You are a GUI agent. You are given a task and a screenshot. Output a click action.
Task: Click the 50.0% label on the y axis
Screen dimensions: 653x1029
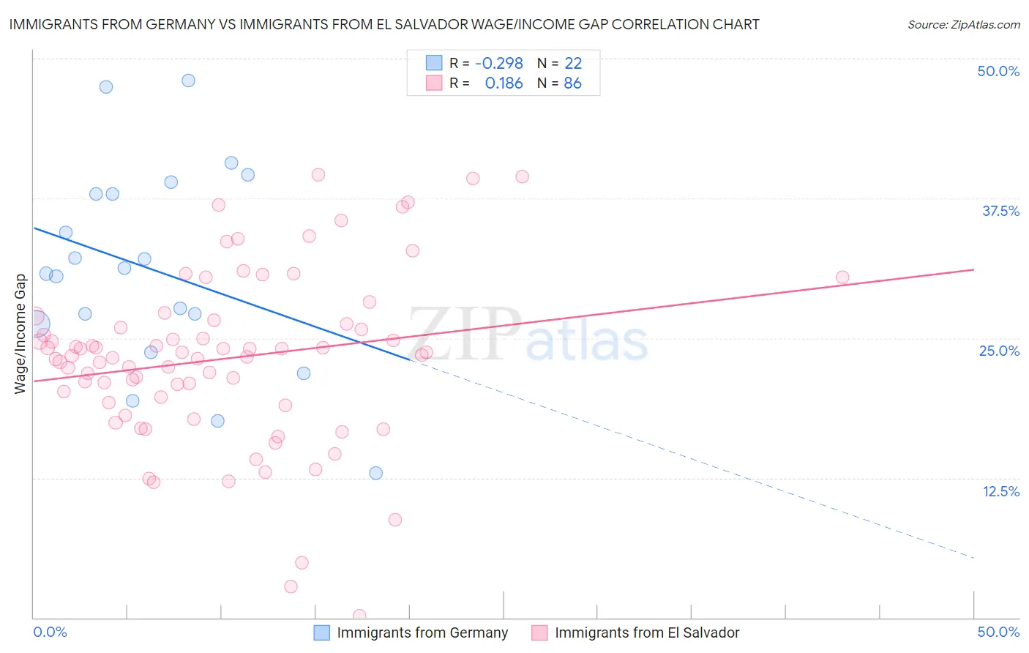tap(998, 71)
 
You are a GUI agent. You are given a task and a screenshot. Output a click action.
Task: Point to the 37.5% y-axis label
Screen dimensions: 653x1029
tap(1000, 211)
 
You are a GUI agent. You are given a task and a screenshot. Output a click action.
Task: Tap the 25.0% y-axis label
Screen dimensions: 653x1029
tap(999, 351)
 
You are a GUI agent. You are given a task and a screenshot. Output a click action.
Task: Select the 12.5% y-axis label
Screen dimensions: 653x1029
tap(1000, 491)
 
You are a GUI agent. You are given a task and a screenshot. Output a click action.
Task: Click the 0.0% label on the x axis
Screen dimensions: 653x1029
tap(50, 632)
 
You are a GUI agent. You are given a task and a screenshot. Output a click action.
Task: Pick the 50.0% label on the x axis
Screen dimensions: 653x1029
tap(998, 632)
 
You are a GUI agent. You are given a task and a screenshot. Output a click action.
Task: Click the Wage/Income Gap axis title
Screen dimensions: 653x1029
tap(20, 334)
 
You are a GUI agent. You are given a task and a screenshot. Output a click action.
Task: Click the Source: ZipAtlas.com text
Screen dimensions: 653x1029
tap(963, 25)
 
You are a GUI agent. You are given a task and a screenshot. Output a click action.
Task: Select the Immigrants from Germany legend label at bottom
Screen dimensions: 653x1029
tap(422, 633)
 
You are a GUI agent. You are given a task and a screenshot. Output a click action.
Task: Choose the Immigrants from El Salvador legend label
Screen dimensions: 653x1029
tap(647, 633)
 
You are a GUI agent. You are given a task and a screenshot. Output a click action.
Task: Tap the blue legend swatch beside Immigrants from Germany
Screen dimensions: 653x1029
tap(322, 633)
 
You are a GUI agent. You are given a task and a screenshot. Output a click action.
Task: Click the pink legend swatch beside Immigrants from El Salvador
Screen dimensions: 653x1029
tap(539, 633)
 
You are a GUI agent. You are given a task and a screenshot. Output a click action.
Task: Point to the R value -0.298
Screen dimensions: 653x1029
tap(498, 64)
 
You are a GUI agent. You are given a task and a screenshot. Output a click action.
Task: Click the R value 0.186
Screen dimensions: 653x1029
tap(504, 83)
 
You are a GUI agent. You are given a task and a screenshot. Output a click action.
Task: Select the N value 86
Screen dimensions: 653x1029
tap(572, 83)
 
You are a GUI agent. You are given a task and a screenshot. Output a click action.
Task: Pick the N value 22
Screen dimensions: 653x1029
tap(572, 64)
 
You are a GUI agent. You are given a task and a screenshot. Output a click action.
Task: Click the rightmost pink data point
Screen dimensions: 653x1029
tap(842, 277)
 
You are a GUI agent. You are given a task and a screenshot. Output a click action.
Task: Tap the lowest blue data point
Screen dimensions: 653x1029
tap(376, 473)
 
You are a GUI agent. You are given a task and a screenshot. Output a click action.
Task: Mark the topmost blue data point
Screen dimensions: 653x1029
tap(188, 81)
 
